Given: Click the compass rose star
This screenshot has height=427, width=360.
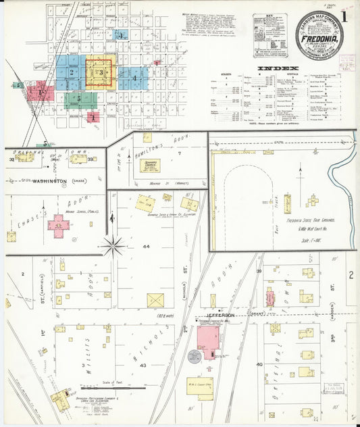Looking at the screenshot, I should coord(113,245).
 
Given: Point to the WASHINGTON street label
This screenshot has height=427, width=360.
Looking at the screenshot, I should coord(43,181).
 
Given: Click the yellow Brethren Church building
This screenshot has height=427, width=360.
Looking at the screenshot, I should coord(149,166).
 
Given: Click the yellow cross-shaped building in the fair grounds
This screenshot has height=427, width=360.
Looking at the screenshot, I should coord(312,200).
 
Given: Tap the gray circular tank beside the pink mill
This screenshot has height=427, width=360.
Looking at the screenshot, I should coord(194,356).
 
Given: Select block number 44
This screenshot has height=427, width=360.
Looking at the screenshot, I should coord(145,247).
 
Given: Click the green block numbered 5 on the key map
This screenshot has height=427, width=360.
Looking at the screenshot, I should coord(78,99).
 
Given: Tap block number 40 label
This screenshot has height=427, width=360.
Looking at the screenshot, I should coord(259,364).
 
